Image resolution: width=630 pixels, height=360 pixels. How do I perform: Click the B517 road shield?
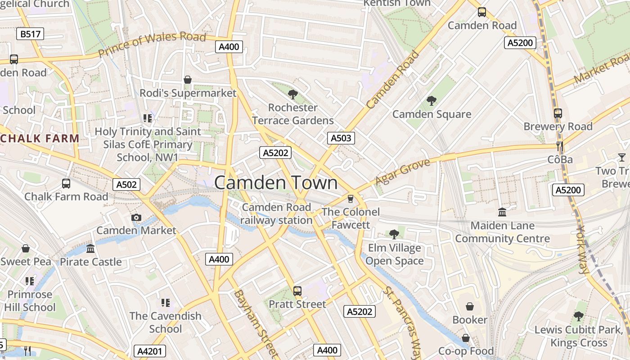pos(31,34)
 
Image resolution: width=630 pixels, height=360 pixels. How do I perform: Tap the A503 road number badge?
pos(341,138)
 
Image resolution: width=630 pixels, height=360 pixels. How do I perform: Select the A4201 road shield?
pos(150,351)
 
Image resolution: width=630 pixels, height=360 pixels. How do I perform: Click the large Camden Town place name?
pos(276,183)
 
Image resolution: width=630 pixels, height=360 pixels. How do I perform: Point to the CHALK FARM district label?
pos(40,139)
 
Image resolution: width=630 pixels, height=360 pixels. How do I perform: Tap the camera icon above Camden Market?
pos(136,218)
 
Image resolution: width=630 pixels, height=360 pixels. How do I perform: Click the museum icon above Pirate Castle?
pos(90,249)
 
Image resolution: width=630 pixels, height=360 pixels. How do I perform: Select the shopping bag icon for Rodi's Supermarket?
pos(188,80)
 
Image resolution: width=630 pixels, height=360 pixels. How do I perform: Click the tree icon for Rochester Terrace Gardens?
pos(292,94)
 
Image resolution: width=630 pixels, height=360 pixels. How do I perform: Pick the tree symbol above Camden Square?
pos(432,101)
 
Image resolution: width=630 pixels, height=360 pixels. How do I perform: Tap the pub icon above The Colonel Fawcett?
pos(351,198)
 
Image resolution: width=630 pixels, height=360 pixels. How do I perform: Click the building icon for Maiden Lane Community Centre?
pos(502,212)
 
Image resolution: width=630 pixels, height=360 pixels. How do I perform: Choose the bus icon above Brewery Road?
pos(558,113)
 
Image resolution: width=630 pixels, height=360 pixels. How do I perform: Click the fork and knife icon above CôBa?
pos(560,146)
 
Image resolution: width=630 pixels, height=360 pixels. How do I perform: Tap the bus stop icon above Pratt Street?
pos(297,291)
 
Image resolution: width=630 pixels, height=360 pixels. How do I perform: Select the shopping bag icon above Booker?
pos(470,306)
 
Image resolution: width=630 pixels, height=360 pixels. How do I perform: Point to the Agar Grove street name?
pos(403,172)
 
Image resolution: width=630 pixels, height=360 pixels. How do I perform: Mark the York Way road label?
pos(582,250)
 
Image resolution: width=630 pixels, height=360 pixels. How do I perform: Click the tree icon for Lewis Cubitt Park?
pos(578,316)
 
